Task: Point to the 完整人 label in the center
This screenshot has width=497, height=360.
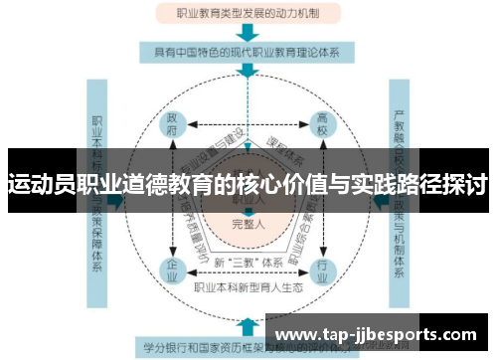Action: (247, 224)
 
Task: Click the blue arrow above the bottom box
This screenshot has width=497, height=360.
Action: (247, 326)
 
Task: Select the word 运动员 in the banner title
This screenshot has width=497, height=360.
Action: (38, 185)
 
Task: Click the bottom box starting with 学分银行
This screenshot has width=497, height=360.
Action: (199, 347)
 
